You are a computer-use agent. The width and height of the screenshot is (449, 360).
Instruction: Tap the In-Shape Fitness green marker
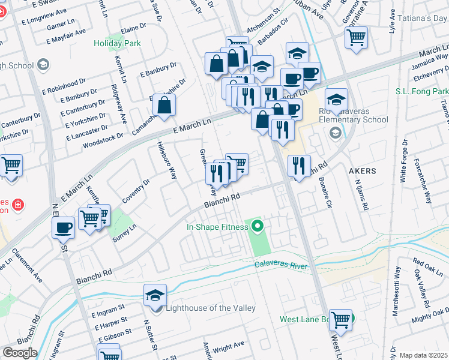(x=258, y=227)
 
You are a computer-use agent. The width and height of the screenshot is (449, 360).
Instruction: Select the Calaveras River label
(x=281, y=265)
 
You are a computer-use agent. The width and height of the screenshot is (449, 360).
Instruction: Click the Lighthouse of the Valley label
(x=206, y=308)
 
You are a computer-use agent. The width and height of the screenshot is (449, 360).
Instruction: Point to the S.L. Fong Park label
(x=421, y=91)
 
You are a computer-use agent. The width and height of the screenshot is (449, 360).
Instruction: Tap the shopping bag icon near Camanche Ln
(x=164, y=105)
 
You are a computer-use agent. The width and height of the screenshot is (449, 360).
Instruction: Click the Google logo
(x=19, y=353)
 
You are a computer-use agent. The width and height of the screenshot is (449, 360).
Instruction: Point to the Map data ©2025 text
(x=423, y=355)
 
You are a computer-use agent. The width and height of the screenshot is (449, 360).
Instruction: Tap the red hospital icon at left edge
(x=19, y=205)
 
